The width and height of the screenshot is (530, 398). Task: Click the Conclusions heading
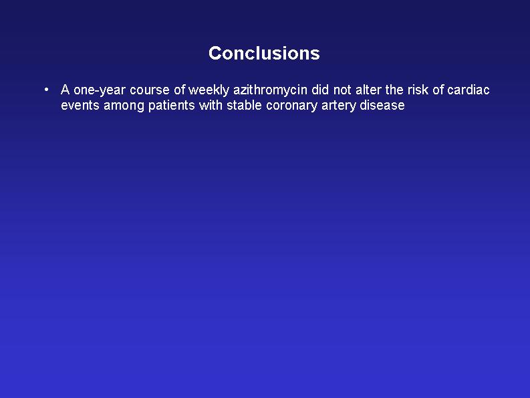coord(264,53)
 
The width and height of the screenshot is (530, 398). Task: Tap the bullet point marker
coord(46,90)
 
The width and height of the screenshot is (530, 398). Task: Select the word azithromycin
coord(271,90)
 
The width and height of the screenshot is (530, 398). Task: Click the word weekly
coord(209,90)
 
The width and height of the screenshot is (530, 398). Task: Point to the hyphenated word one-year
coord(100,91)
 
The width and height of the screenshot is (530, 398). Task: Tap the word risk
coord(418,90)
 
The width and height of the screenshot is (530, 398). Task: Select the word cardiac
coord(469,90)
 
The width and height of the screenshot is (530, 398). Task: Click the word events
coord(80,106)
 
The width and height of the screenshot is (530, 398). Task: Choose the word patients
coord(172,106)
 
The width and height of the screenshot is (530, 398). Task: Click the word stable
coord(245,105)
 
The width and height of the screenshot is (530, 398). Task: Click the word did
coord(320,90)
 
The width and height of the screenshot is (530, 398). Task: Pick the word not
coord(342,90)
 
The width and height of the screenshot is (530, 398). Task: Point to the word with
coord(211,105)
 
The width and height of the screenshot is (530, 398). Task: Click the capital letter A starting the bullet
coord(65,90)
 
